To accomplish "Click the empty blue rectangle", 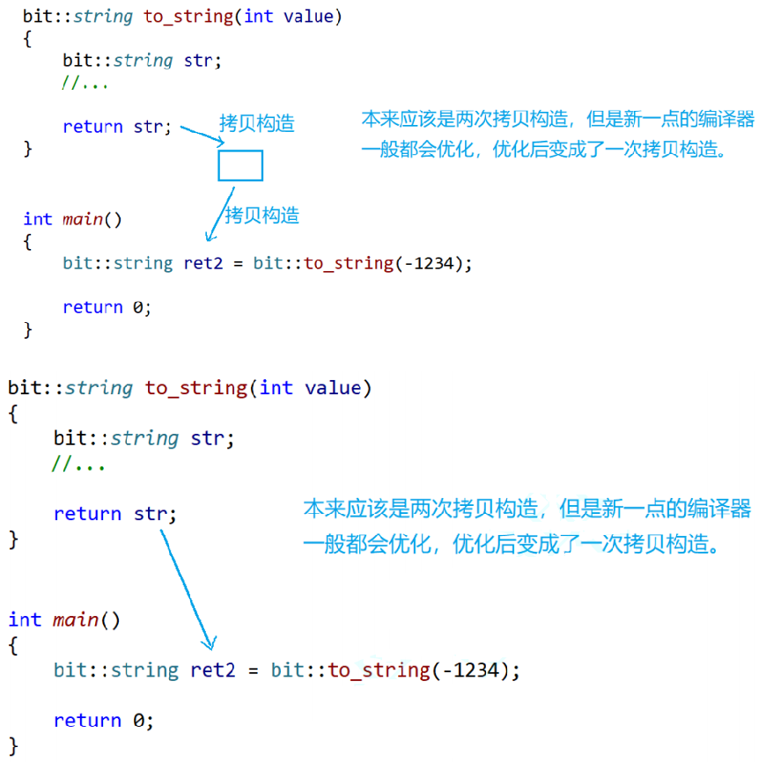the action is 240,165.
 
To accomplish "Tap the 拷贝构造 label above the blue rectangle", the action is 256,123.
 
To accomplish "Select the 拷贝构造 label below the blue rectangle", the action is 261,215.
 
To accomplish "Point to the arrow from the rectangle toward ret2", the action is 219,211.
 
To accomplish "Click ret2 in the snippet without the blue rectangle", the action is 213,670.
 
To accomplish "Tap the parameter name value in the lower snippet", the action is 333,388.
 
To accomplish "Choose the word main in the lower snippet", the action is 75,619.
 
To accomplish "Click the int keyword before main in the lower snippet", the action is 25,619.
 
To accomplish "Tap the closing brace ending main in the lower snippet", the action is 13,746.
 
